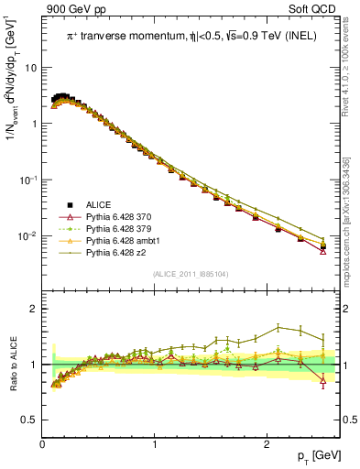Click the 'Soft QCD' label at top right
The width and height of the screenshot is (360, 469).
pos(318,10)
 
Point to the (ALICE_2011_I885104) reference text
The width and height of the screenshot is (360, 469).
pos(192,274)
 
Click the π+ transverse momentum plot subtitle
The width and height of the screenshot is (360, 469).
pos(193,36)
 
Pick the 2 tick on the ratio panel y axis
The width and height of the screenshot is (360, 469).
pos(35,309)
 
